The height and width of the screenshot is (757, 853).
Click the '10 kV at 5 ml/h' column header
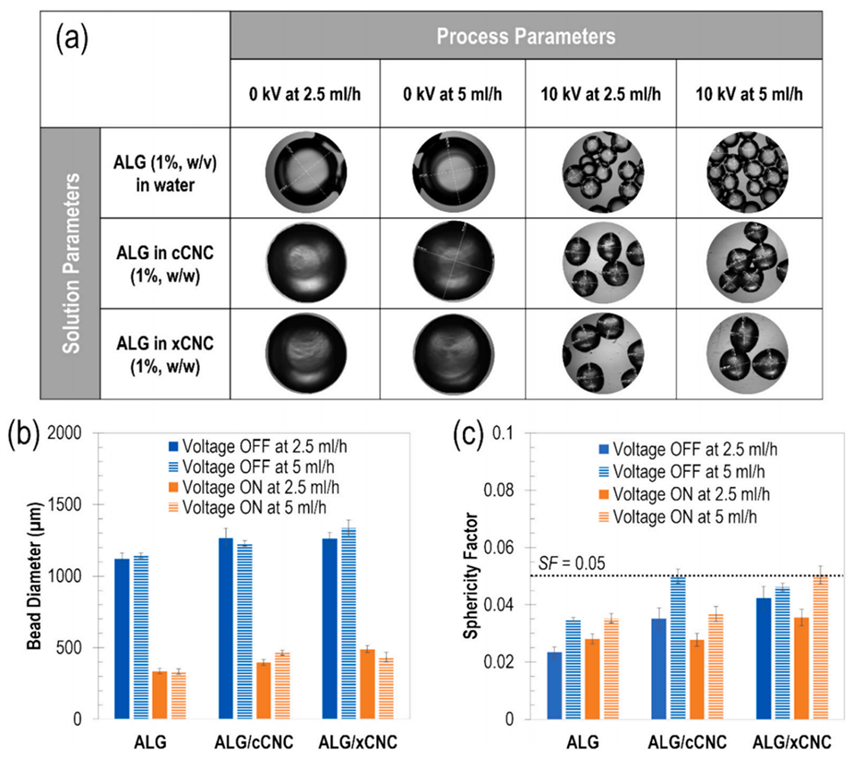751,94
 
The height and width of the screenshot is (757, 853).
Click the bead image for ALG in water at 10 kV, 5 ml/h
751,172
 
